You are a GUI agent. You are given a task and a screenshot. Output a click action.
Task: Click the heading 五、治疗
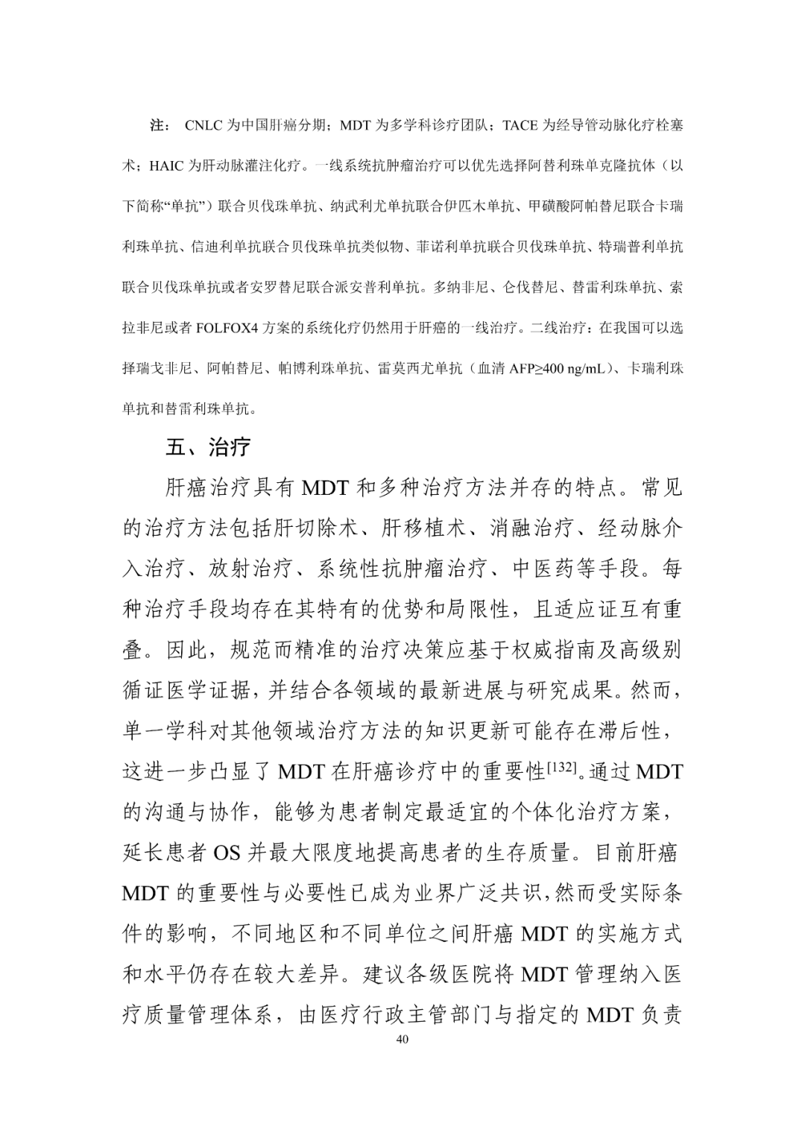point(208,448)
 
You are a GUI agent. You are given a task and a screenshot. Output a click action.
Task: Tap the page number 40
point(402,1040)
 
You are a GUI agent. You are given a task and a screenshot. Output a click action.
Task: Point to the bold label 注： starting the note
point(160,125)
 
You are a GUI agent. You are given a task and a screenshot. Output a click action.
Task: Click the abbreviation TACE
point(520,125)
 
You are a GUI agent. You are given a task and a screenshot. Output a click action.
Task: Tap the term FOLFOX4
point(229,327)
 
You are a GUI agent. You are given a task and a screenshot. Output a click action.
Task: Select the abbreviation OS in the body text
point(227,853)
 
